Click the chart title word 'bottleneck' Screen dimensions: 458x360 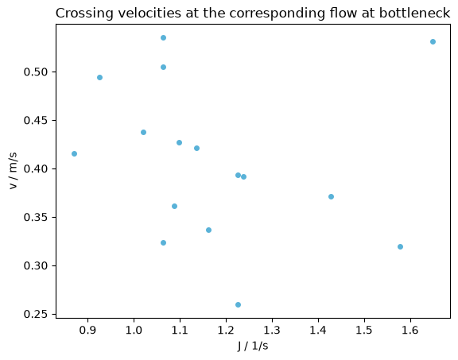tap(414, 14)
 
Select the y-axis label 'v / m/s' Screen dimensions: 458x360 tap(14, 171)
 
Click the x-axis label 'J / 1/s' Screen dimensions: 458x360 tap(253, 346)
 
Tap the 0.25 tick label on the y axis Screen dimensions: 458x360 tap(36, 314)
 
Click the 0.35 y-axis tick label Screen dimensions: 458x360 tap(36, 217)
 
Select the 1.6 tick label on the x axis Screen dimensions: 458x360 tap(410, 330)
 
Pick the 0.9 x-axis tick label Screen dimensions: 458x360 tap(87, 330)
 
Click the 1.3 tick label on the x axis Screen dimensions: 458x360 tap(272, 330)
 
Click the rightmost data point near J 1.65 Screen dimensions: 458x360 tap(433, 42)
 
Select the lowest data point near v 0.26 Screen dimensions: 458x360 tap(238, 305)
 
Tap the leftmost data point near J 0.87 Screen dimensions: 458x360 tap(74, 154)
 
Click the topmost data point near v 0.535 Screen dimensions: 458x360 tap(163, 37)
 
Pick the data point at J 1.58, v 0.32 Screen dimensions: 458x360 tap(400, 246)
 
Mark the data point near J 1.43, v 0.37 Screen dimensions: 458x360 tap(331, 197)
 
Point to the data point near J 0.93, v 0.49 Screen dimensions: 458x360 tap(99, 77)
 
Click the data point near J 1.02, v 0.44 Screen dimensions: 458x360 tap(143, 132)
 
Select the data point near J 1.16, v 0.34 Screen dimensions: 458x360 tap(208, 230)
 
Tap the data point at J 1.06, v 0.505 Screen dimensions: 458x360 tap(163, 68)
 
